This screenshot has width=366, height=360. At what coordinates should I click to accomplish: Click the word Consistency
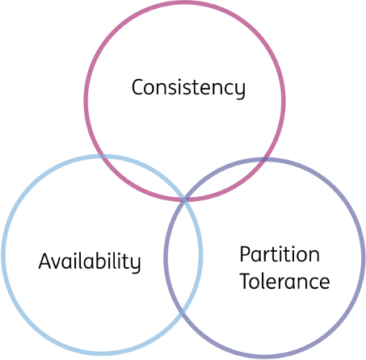[188, 88]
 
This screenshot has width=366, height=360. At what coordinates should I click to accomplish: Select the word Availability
[90, 261]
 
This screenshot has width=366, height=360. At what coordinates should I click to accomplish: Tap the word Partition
[280, 254]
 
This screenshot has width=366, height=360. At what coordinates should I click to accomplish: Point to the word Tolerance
[285, 281]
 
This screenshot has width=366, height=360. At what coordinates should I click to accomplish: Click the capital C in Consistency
[138, 87]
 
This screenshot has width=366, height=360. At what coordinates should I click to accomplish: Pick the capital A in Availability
[46, 261]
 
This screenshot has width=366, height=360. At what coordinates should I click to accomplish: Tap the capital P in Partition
[246, 253]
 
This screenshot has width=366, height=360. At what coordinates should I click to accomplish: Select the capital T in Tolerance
[247, 281]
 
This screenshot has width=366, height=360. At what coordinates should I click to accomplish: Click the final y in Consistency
[240, 91]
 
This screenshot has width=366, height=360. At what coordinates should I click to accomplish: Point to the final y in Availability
[135, 266]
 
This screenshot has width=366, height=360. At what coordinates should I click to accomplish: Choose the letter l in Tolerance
[268, 281]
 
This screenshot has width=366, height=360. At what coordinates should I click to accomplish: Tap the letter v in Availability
[60, 263]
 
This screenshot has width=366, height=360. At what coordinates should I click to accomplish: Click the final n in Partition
[314, 256]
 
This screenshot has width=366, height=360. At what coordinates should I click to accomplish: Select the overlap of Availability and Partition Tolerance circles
[183, 257]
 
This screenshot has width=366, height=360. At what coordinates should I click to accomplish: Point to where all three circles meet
[185, 199]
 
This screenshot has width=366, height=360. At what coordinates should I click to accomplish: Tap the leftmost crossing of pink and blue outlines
[103, 157]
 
